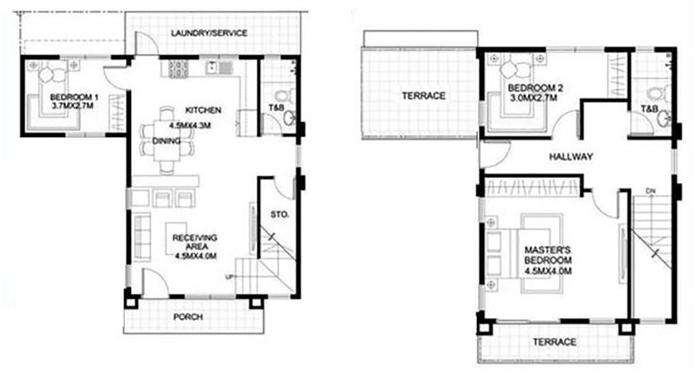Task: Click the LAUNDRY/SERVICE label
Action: [x=209, y=33]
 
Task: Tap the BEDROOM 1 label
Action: [x=74, y=97]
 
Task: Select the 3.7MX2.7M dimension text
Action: [x=72, y=105]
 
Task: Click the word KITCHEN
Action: [x=203, y=110]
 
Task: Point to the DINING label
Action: [x=167, y=141]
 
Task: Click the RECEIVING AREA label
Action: [x=195, y=242]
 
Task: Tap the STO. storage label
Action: [x=280, y=214]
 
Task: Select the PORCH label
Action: [x=188, y=317]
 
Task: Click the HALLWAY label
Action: [x=571, y=156]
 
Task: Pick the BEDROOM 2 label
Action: [x=532, y=88]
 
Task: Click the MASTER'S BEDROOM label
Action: [x=548, y=255]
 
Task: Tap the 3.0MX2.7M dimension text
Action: [x=533, y=98]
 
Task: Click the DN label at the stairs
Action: [x=650, y=191]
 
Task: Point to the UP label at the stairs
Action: [x=229, y=277]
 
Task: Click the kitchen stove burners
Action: [x=178, y=68]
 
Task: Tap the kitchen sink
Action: [x=218, y=68]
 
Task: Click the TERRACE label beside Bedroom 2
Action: [x=423, y=96]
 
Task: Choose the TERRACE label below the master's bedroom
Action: [x=555, y=341]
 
